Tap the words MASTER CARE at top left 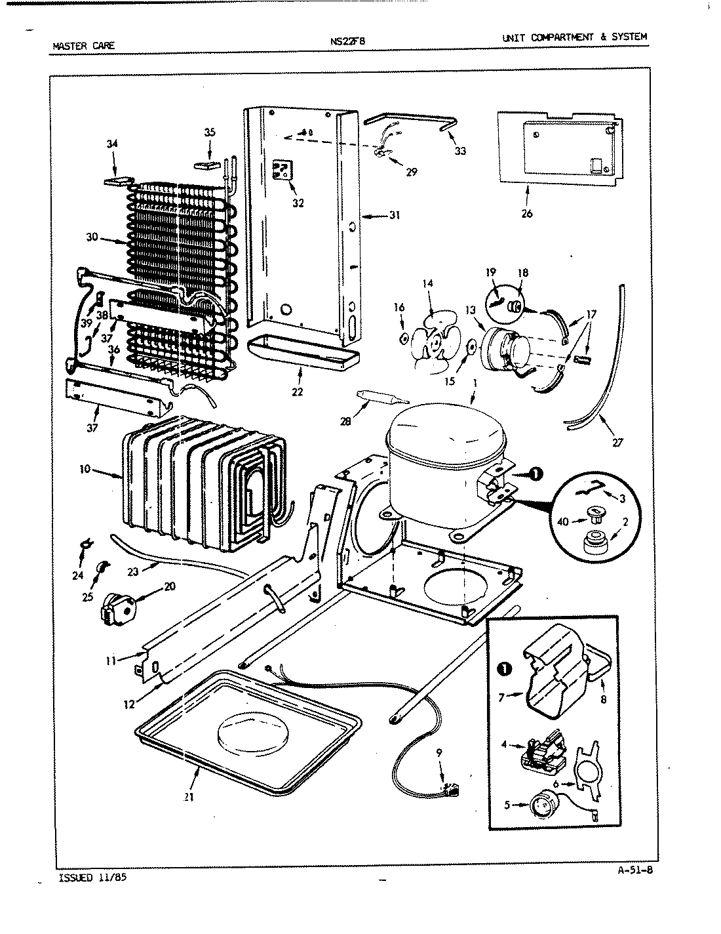(83, 46)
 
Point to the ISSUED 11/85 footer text (87, 878)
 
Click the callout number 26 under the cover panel (528, 213)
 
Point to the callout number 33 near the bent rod (460, 151)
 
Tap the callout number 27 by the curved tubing (617, 442)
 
